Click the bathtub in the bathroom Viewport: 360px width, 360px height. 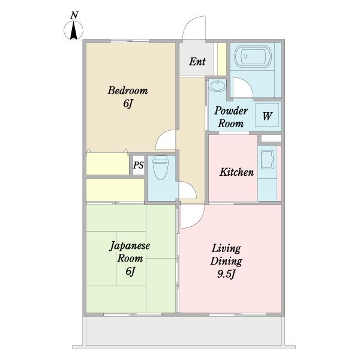pos(253,56)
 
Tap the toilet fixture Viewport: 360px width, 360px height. pos(160,167)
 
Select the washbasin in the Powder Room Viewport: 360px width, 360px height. pos(217,86)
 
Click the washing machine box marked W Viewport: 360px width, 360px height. pos(267,115)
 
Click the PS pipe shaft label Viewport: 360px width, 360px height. pos(139,165)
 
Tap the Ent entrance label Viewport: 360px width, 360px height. pos(197,62)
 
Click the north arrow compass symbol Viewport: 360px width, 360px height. pos(73,31)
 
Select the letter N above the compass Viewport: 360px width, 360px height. pos(74,15)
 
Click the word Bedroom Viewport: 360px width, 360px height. pos(128,91)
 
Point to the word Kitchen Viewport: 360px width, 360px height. pos(236,172)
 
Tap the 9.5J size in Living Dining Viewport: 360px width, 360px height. pos(226,274)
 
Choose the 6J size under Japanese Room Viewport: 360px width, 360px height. pos(130,271)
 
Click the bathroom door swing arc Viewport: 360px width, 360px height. pos(246,83)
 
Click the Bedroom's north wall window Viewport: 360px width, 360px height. pos(130,41)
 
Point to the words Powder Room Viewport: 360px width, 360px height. pos(231,117)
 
